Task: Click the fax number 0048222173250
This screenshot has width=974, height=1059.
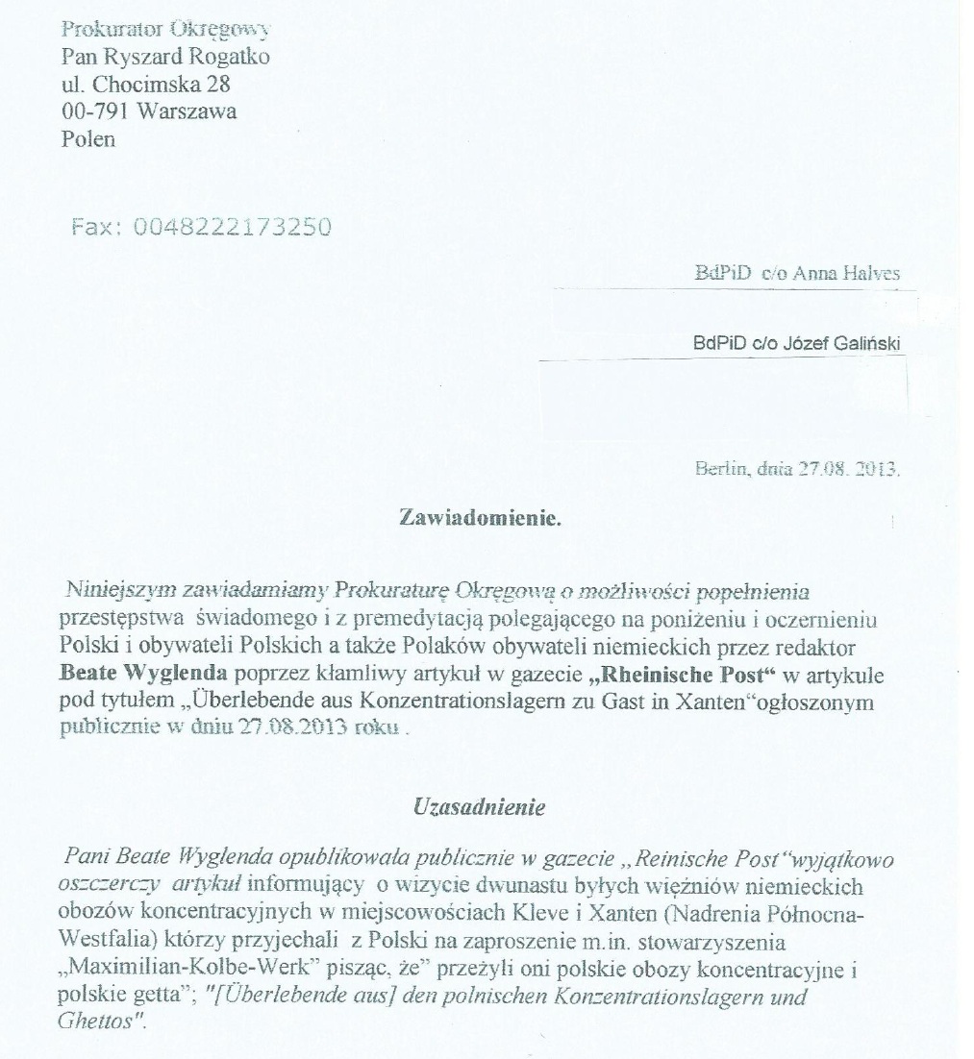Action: point(234,227)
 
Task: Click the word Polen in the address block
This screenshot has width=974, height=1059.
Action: point(87,139)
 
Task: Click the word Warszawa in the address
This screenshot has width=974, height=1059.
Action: point(187,111)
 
